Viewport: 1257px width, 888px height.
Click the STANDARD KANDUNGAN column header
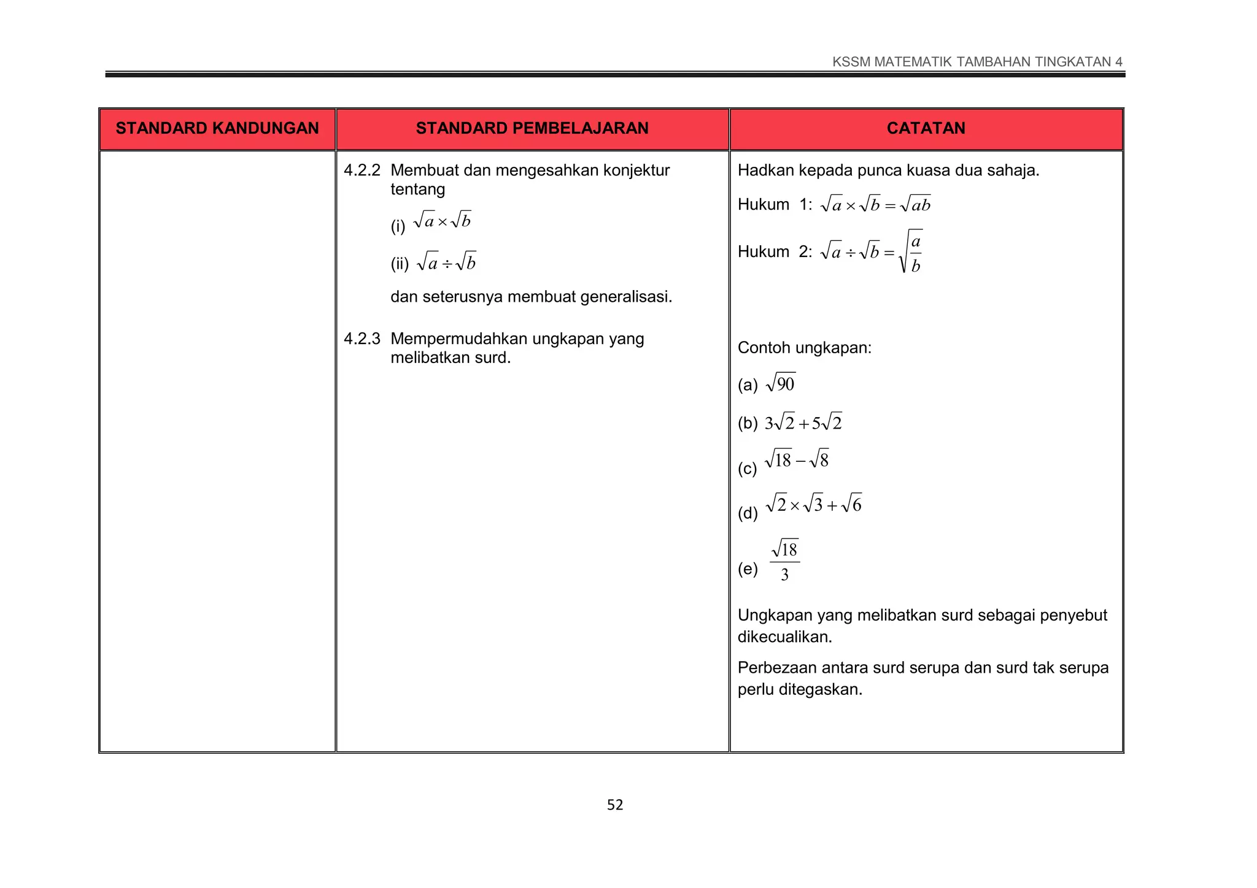point(217,128)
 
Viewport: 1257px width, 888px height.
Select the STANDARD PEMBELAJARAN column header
point(532,128)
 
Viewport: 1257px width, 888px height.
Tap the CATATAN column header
point(926,128)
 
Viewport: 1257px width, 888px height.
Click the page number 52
point(615,805)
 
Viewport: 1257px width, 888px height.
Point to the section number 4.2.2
point(362,170)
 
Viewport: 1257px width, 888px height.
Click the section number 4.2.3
point(362,339)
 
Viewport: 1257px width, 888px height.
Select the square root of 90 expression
point(781,384)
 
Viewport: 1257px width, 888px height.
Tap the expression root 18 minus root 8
point(797,459)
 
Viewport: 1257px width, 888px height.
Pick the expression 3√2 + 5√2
point(803,423)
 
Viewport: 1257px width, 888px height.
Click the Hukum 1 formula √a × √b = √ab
point(875,204)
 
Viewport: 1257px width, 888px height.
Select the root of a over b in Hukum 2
point(911,251)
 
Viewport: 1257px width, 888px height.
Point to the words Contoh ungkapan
point(804,348)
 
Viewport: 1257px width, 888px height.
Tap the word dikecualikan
point(784,637)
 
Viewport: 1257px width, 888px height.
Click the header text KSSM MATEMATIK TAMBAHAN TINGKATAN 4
point(977,62)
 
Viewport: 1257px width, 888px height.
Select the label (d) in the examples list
point(748,513)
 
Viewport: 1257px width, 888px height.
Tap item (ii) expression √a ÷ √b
point(446,262)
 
